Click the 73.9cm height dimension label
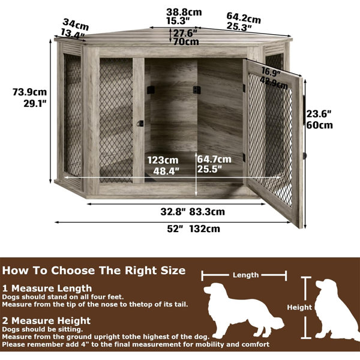[x=29, y=92]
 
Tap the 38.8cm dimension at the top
[x=184, y=12]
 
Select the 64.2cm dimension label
[x=244, y=17]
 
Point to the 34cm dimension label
[x=76, y=25]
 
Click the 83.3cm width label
[x=207, y=211]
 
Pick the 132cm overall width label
[x=205, y=229]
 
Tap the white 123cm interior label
[x=163, y=160]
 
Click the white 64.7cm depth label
[x=214, y=159]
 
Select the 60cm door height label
[x=319, y=125]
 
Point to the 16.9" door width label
[x=271, y=73]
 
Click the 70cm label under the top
[x=186, y=42]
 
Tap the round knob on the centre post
[x=140, y=123]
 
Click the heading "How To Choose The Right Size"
[x=94, y=271]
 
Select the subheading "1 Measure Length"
[x=47, y=289]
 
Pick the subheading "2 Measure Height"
[x=46, y=321]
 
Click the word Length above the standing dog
[x=245, y=275]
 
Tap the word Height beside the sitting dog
[x=299, y=307]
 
